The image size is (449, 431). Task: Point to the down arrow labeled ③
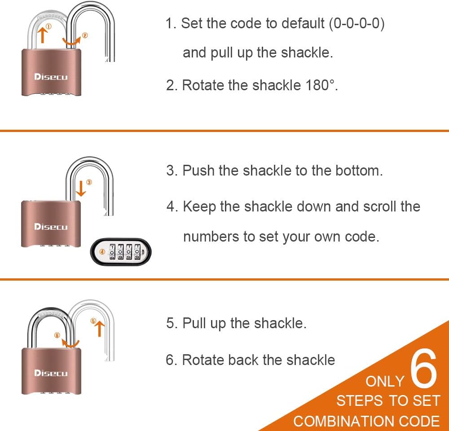pyautogui.click(x=81, y=188)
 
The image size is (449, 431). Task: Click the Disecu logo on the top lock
pyautogui.click(x=51, y=77)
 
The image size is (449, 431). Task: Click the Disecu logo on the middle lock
pyautogui.click(x=51, y=227)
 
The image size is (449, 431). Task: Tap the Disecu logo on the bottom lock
pyautogui.click(x=51, y=373)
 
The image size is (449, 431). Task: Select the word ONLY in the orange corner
pyautogui.click(x=385, y=382)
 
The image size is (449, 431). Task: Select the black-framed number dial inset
pyautogui.click(x=121, y=252)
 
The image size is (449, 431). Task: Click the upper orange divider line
pyautogui.click(x=224, y=131)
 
